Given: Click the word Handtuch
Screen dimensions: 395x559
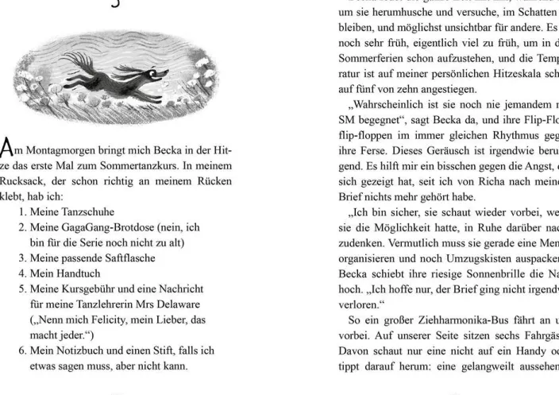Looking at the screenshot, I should [79, 273].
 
